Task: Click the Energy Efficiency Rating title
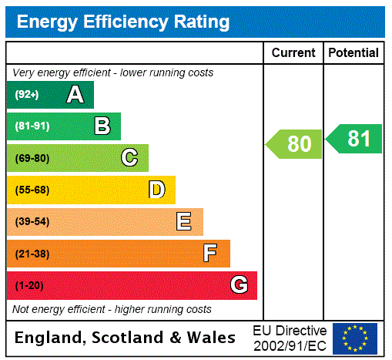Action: (x=123, y=22)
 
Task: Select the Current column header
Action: (x=293, y=53)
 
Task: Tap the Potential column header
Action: (x=353, y=53)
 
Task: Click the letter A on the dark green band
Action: (x=75, y=95)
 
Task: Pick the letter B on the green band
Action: (x=102, y=126)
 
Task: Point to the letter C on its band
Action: (x=129, y=158)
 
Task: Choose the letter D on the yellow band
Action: (x=156, y=190)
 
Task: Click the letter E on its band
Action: (x=184, y=222)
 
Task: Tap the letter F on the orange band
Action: (x=210, y=253)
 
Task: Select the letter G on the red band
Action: (x=239, y=285)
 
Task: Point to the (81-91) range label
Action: (x=32, y=126)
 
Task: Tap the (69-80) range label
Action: (x=32, y=158)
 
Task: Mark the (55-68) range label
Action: (x=32, y=190)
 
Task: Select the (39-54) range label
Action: (x=32, y=222)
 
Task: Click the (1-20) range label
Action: (x=29, y=285)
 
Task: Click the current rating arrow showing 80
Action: (x=295, y=144)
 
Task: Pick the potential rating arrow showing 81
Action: (x=355, y=139)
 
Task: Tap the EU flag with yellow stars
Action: (x=355, y=338)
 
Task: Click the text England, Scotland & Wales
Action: (x=126, y=338)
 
